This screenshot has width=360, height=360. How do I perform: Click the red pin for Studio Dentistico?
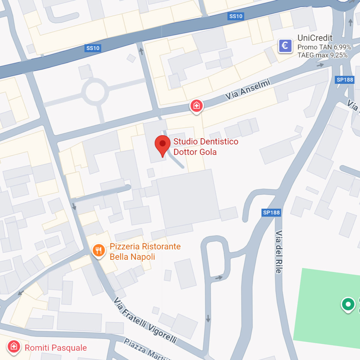[162, 144]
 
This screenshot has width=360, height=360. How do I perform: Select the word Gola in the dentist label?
[208, 152]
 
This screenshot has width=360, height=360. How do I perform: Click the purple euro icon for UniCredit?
[285, 46]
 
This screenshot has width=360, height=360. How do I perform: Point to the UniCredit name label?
[315, 38]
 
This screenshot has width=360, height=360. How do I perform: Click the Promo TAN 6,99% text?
[324, 47]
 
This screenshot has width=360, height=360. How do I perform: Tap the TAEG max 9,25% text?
[322, 55]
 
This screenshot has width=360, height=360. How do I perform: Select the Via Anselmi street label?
[248, 89]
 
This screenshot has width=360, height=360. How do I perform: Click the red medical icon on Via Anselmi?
[196, 106]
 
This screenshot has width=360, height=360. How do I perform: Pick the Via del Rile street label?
[279, 252]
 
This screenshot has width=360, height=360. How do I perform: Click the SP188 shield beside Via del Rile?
[271, 213]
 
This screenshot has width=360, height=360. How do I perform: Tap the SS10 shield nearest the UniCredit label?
[235, 16]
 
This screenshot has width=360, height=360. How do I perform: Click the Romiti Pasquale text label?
[55, 348]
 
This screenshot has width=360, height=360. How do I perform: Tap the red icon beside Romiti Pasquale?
[14, 347]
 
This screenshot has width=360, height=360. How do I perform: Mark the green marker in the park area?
[348, 304]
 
